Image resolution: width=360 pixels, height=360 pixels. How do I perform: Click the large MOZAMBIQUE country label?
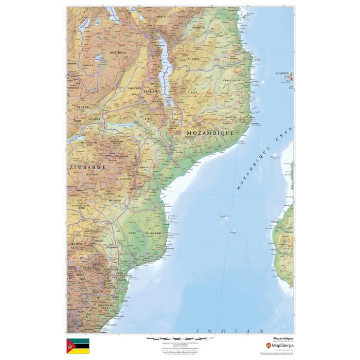(210, 133)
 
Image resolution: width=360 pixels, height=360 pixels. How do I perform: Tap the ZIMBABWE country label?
(88, 167)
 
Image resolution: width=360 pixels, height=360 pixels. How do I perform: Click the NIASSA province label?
(192, 93)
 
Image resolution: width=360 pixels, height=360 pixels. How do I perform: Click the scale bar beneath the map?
(170, 339)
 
